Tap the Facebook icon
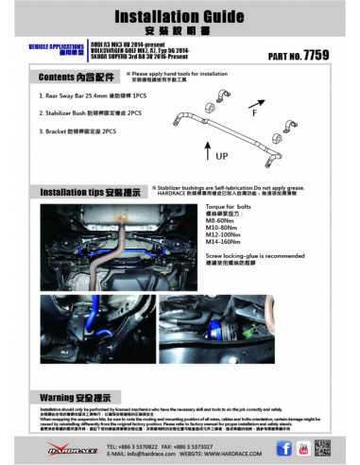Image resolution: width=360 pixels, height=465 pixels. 283,450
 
